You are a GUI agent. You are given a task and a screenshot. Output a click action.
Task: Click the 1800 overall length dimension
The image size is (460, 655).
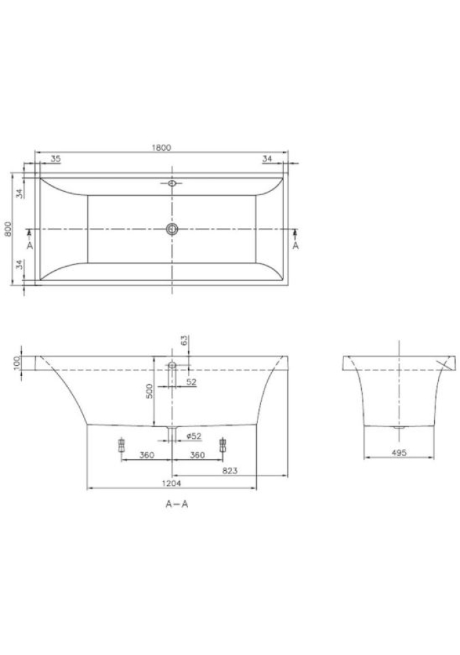point(162,147)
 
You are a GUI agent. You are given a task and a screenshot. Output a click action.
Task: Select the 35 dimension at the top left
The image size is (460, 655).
point(55,159)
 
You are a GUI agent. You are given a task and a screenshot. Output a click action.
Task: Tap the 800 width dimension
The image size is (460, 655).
point(7,229)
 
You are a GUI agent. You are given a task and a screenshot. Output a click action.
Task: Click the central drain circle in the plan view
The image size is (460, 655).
point(172,229)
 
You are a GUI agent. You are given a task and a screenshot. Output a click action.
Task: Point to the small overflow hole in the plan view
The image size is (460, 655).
point(172,183)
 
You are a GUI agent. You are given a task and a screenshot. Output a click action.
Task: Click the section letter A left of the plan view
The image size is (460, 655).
point(29,246)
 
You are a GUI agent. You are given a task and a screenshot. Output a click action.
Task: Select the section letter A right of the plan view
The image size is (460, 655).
point(296,246)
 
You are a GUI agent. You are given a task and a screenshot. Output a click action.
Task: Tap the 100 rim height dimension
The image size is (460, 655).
point(17,363)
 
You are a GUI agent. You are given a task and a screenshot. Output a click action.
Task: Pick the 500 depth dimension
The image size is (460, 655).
point(149,391)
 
